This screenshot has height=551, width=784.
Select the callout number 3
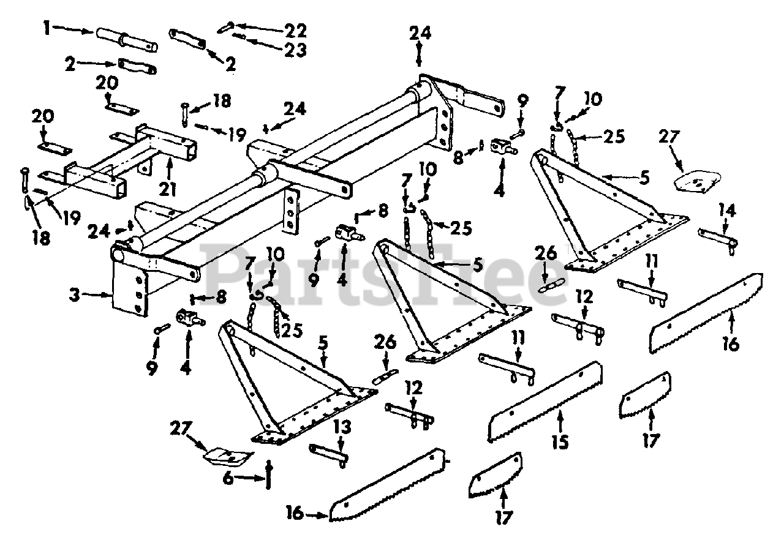(74, 295)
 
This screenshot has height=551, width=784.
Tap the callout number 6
(228, 479)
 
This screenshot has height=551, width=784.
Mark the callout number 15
(560, 441)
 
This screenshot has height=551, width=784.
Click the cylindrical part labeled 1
(126, 42)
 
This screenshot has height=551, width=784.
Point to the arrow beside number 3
(97, 295)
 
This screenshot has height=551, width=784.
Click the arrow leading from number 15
(559, 422)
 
